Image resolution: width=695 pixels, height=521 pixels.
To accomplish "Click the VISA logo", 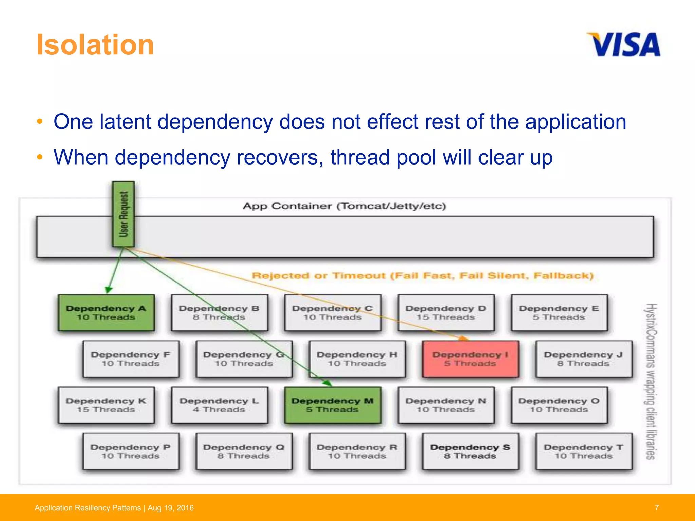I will click(624, 44).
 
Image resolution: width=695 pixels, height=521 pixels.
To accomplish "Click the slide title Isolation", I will click(95, 45).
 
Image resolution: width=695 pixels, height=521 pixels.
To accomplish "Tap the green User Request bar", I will click(124, 214).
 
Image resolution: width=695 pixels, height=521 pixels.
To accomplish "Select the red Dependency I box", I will click(470, 359).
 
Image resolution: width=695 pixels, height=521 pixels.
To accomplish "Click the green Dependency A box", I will click(106, 313).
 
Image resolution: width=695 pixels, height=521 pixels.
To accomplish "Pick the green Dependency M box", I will click(333, 405).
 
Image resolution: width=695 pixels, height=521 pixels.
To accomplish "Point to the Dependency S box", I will click(470, 451).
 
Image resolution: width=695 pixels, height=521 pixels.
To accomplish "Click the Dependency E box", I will click(559, 313).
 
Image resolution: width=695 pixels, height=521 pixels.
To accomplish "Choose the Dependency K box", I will click(106, 405).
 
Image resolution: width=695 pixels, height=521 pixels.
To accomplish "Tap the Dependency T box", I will click(583, 451).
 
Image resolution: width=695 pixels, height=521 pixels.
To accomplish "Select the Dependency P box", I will click(131, 451).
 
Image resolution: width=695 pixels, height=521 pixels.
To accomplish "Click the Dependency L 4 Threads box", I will click(219, 405).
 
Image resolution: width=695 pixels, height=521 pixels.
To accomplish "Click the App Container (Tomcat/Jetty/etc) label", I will click(344, 206).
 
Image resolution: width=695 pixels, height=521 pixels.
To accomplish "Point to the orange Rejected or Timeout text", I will click(422, 275).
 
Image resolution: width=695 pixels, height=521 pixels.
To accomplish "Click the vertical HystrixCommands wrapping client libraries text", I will click(650, 381).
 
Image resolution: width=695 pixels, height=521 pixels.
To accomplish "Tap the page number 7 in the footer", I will click(657, 507).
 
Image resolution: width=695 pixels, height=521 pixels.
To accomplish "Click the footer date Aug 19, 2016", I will click(171, 508).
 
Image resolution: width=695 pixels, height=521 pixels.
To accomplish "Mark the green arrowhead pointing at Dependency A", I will click(108, 290).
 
